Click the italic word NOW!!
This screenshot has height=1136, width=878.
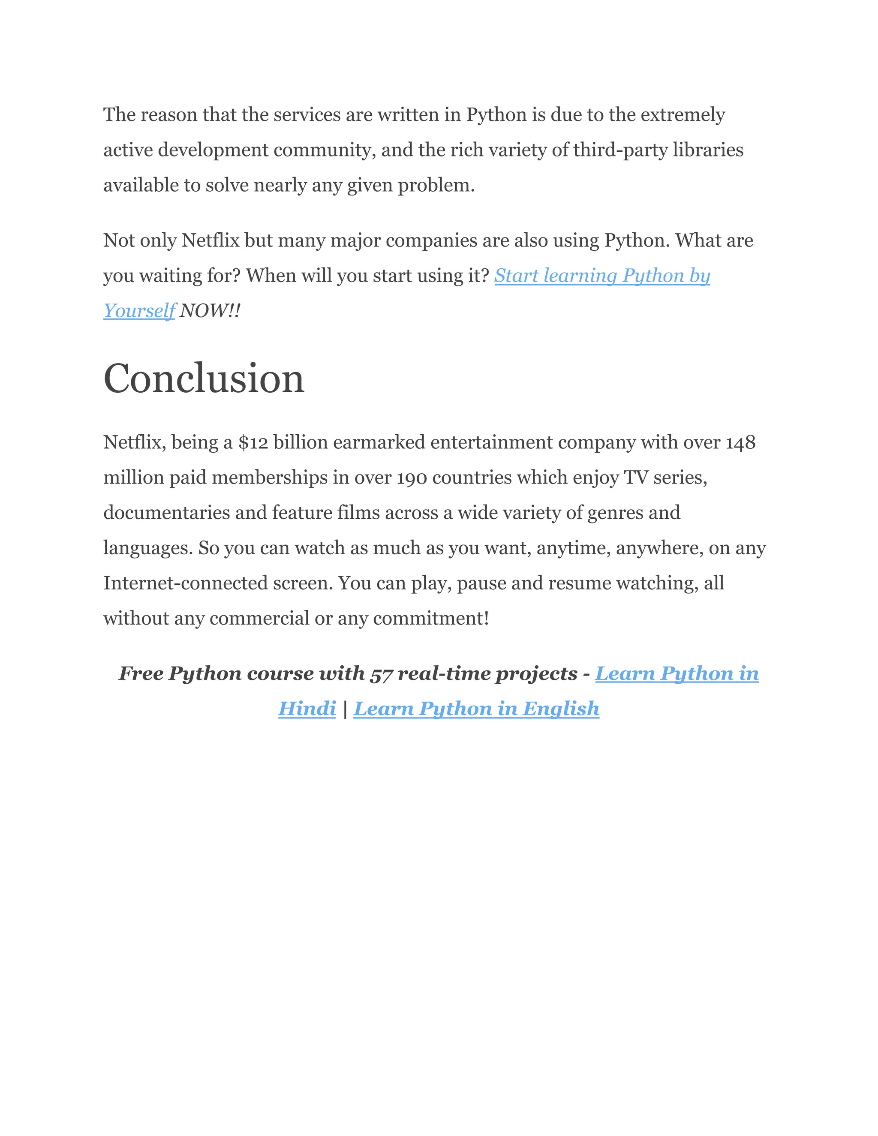coord(210,311)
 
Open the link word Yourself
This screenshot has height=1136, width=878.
coord(139,311)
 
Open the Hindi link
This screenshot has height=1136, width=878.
coord(307,709)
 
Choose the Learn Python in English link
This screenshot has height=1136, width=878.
coord(476,709)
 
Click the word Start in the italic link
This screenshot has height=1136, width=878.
coord(516,276)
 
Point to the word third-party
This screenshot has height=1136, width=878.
coord(620,150)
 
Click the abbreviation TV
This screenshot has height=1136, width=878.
coord(636,478)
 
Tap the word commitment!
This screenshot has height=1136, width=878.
coord(431,619)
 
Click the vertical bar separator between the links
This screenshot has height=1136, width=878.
coord(345,709)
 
